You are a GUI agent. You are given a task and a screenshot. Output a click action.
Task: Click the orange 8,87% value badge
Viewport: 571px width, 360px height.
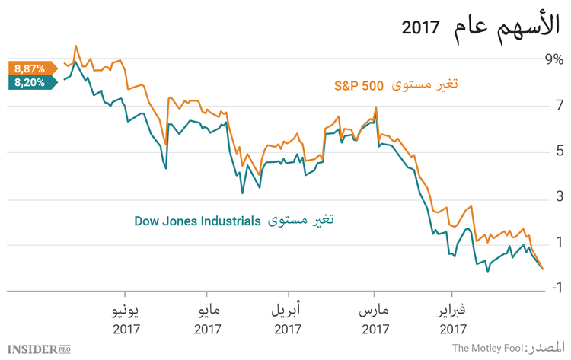click(x=30, y=68)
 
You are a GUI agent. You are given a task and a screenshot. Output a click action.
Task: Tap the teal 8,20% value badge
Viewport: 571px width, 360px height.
click(x=30, y=82)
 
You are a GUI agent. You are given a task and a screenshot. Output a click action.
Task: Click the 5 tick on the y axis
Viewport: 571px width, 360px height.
click(x=558, y=151)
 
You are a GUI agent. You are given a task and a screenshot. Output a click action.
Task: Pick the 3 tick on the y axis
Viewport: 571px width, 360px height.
click(x=558, y=199)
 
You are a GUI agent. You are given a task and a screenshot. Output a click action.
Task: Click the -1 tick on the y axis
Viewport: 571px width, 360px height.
click(x=556, y=288)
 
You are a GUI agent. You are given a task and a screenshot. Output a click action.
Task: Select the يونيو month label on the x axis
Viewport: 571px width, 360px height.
click(x=126, y=311)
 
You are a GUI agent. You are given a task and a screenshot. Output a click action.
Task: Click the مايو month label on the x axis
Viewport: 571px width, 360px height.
click(x=207, y=311)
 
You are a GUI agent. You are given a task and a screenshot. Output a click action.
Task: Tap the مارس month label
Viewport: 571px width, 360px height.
click(x=374, y=311)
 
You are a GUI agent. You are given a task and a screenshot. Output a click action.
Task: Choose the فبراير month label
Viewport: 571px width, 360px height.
click(x=452, y=311)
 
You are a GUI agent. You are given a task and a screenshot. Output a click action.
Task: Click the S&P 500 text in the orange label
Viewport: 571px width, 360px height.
click(x=358, y=85)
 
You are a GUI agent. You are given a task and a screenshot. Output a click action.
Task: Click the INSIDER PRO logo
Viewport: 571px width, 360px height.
click(x=46, y=349)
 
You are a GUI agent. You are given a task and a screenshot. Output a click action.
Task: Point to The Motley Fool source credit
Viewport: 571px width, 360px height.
click(x=487, y=349)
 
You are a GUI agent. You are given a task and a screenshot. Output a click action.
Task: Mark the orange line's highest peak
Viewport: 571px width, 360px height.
click(x=75, y=46)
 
